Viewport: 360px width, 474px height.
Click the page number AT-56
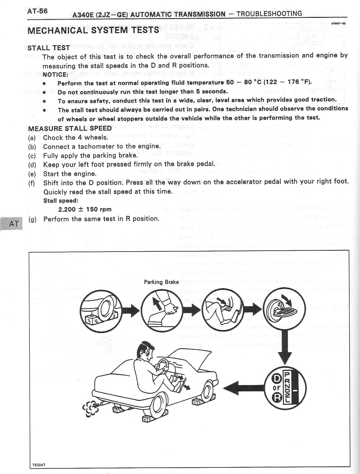click(x=37, y=11)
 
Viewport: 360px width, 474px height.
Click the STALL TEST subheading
click(x=49, y=48)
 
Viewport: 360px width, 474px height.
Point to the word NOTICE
click(x=55, y=74)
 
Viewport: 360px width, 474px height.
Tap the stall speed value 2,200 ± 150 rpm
click(x=85, y=209)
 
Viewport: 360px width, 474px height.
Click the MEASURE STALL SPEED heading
click(x=70, y=128)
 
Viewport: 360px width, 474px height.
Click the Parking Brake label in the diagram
click(x=161, y=282)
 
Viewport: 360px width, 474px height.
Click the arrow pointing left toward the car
click(x=242, y=387)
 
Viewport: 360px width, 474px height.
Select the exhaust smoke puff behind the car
click(x=89, y=407)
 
